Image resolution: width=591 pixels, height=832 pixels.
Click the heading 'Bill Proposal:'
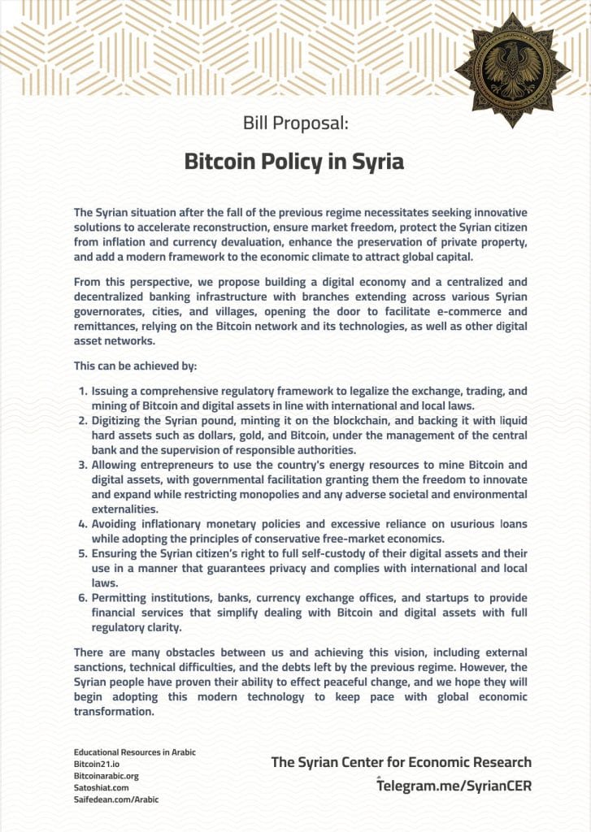(295, 123)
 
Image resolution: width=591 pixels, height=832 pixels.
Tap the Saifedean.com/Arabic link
(116, 799)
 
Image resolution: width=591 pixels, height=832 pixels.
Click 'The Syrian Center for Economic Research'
(401, 762)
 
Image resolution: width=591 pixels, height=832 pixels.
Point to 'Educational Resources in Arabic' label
(134, 752)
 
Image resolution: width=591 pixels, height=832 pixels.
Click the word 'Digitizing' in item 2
(120, 421)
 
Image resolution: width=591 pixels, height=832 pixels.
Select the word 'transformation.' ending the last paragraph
(114, 712)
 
